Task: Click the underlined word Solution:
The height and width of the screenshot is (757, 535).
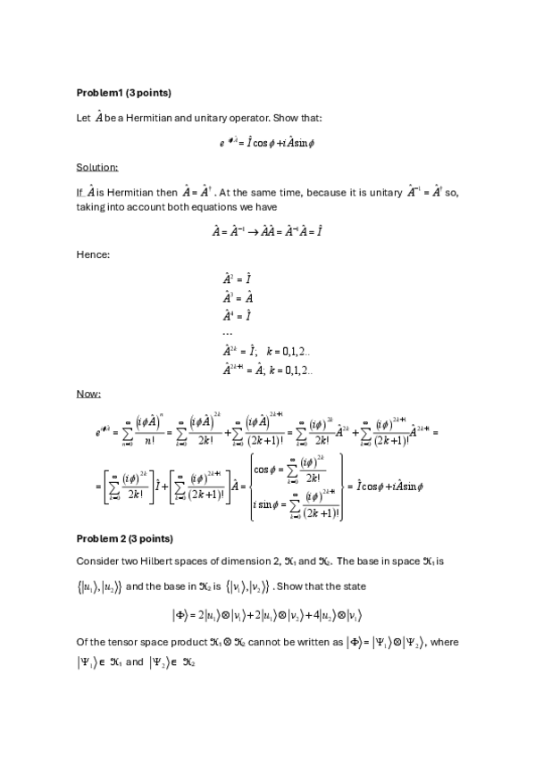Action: [96, 167]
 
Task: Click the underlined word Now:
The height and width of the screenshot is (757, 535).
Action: [88, 394]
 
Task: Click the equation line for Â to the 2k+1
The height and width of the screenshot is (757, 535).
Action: [267, 370]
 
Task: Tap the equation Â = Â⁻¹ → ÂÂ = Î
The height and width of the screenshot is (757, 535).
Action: [267, 231]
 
